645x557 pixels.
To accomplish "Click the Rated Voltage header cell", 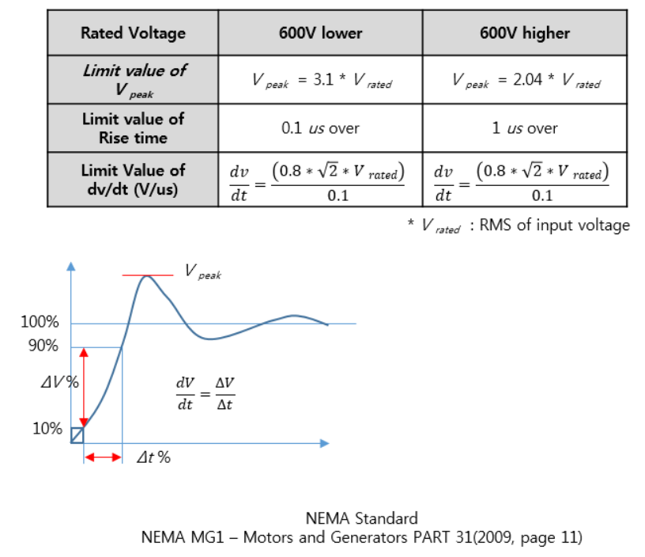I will click(133, 32).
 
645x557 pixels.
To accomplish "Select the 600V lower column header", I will click(320, 32).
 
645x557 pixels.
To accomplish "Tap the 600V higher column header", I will click(524, 32).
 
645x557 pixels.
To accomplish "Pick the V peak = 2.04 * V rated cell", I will click(526, 81).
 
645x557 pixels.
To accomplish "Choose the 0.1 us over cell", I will click(320, 128).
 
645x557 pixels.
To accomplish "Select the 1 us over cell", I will click(524, 128).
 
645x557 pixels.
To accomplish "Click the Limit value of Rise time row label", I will click(133, 128).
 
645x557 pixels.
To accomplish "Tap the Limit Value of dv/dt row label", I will click(133, 179).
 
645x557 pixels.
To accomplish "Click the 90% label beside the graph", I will click(43, 346).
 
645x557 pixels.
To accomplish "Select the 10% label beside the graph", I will click(47, 429).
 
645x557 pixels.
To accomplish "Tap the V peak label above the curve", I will click(202, 272).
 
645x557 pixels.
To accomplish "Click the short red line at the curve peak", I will click(147, 275).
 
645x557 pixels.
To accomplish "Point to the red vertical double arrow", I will click(84, 387).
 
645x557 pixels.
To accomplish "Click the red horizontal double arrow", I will click(103, 457).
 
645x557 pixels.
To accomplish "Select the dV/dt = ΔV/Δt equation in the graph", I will click(206, 392).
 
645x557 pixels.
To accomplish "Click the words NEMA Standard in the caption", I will click(361, 519).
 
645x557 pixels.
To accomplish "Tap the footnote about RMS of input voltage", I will click(518, 226).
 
